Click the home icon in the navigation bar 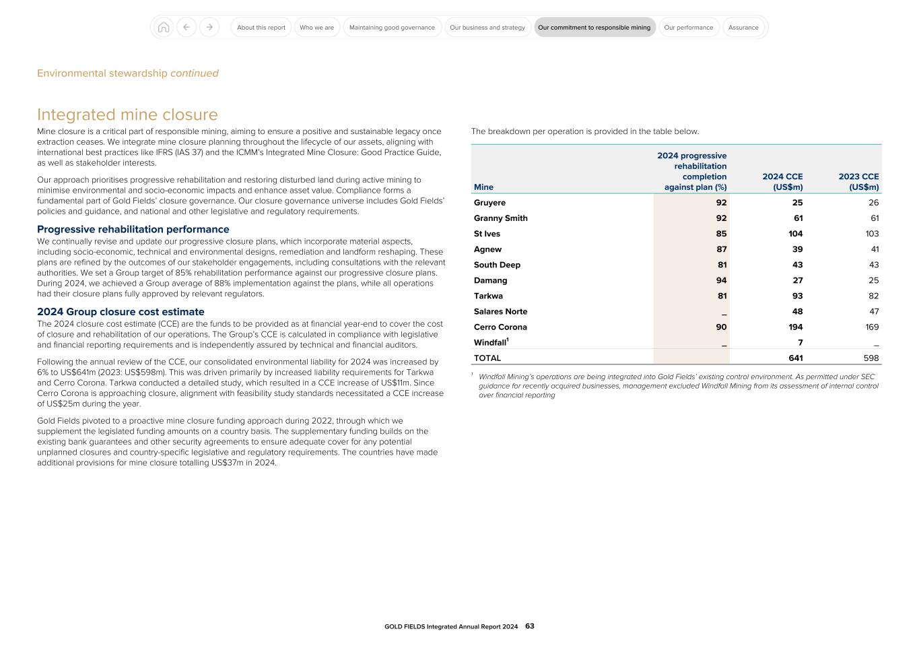tap(163, 28)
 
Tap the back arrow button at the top tap(186, 28)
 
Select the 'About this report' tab tap(261, 28)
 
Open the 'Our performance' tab tap(688, 28)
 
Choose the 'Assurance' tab tap(743, 28)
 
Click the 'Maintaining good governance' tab tap(392, 28)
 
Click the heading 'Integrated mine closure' tap(127, 115)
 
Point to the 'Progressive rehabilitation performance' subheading tap(133, 229)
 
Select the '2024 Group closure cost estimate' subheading tap(121, 312)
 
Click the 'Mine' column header tap(483, 187)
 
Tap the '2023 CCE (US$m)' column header tap(858, 182)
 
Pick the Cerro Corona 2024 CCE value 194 tap(795, 327)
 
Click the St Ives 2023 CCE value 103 tap(871, 234)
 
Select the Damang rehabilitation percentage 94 tap(721, 281)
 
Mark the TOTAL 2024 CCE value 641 tap(795, 358)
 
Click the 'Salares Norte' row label tap(500, 312)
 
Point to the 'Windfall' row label tap(490, 343)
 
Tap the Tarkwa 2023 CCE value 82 tap(873, 296)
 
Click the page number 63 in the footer tap(530, 626)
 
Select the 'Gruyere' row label tap(489, 203)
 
